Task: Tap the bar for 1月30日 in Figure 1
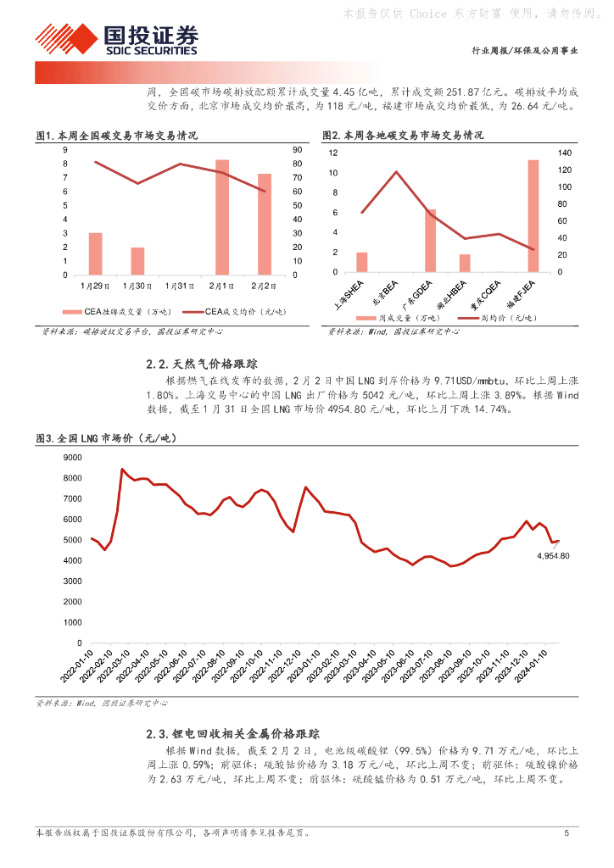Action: coord(137,261)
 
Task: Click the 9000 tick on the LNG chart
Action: coord(73,457)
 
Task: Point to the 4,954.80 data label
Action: coord(552,556)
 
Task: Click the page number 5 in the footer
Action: coord(567,832)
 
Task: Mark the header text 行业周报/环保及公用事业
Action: coord(524,51)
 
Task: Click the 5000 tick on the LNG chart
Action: coord(73,540)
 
